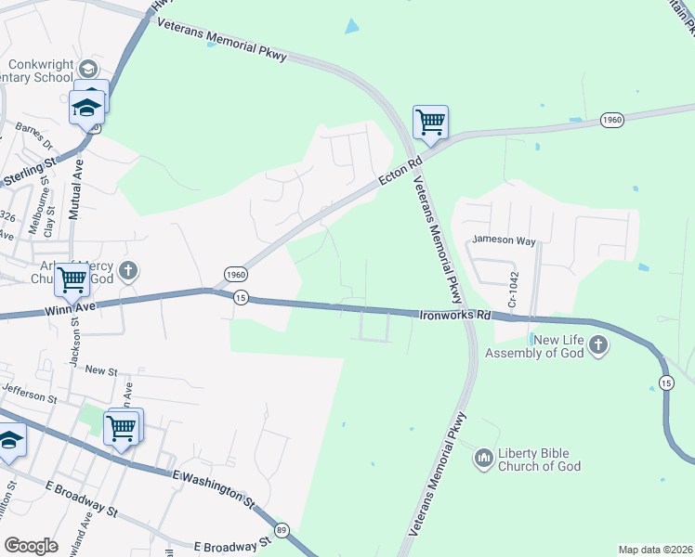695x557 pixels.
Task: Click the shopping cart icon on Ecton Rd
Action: coord(430,122)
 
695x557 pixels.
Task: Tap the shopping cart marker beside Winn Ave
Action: coord(72,278)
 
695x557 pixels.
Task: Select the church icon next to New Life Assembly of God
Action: coord(597,346)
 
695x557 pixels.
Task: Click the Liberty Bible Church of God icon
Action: coord(483,458)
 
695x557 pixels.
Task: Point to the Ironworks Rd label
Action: coord(453,316)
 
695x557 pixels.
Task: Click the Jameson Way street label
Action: coord(504,240)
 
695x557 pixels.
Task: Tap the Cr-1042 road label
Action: coord(511,291)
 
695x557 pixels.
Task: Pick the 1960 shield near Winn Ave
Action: coord(236,275)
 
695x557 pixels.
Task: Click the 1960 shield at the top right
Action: coord(611,120)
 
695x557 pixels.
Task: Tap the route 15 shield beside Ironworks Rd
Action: coord(241,297)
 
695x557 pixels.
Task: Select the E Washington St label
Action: coord(213,487)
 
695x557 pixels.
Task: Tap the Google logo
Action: coord(31,546)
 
